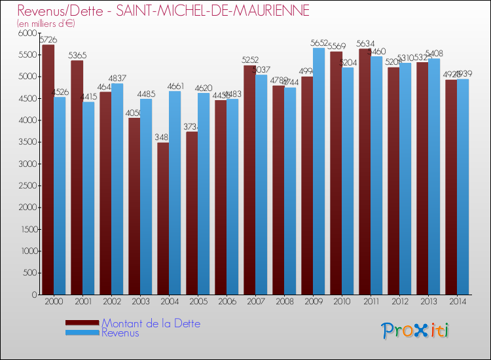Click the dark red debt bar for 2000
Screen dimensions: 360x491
point(48,170)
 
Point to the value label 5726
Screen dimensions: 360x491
point(48,40)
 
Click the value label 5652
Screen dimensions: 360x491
point(319,43)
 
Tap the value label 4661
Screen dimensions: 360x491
point(175,86)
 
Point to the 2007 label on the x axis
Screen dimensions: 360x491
point(255,302)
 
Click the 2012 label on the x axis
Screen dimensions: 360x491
point(399,302)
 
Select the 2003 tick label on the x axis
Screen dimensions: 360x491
point(140,302)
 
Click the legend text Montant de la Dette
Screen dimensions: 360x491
point(151,323)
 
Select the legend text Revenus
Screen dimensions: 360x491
point(120,333)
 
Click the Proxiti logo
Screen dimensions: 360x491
point(415,331)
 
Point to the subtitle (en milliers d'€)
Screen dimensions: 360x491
point(46,24)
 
